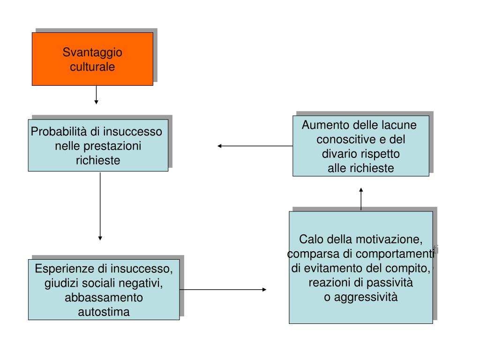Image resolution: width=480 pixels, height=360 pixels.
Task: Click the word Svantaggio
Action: click(92, 52)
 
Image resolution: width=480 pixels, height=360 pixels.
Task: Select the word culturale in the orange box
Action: click(92, 67)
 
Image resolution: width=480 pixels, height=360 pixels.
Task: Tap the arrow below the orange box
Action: click(96, 95)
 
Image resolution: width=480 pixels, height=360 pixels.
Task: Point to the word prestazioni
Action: click(112, 146)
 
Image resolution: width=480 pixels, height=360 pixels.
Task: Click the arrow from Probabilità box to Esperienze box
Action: click(100, 206)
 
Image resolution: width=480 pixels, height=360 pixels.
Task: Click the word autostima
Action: click(104, 312)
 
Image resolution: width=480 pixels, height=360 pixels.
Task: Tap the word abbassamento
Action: click(104, 298)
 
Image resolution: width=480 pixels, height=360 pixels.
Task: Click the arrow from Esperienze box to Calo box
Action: click(223, 290)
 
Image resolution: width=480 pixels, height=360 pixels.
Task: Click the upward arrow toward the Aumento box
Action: click(361, 199)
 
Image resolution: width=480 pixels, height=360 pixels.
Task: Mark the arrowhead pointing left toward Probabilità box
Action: click(220, 146)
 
